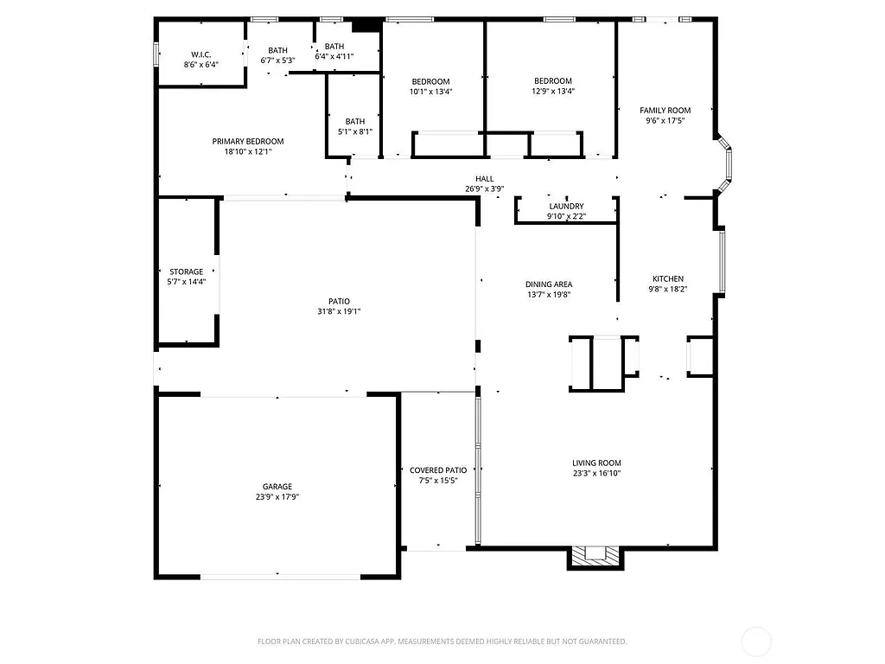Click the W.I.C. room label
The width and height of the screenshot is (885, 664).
point(201,54)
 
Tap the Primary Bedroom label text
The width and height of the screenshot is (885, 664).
point(248,141)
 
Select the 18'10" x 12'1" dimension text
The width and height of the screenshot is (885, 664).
point(248,151)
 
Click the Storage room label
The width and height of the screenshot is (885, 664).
point(186,271)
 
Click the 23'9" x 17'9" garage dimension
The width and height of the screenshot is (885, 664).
point(277,496)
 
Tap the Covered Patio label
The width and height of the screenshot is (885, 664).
point(438,470)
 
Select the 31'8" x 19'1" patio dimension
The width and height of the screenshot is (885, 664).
point(338,311)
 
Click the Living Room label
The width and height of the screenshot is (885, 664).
point(596,463)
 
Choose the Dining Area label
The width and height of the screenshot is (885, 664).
point(549,284)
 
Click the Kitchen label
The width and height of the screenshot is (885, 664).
point(668,278)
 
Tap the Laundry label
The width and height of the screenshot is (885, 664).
point(566,207)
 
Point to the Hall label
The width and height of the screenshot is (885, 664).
point(484,178)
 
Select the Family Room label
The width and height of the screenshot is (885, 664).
point(665,110)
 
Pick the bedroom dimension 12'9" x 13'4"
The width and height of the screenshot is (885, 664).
point(553,91)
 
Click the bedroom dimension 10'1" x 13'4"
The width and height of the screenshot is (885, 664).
point(430,91)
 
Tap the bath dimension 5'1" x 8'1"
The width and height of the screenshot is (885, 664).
point(354,131)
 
